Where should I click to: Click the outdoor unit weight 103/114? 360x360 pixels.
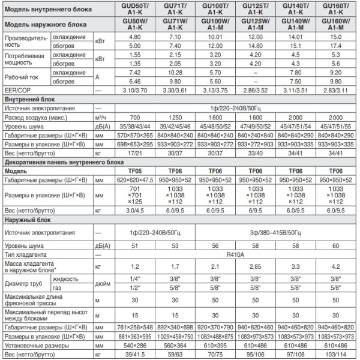336,355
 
